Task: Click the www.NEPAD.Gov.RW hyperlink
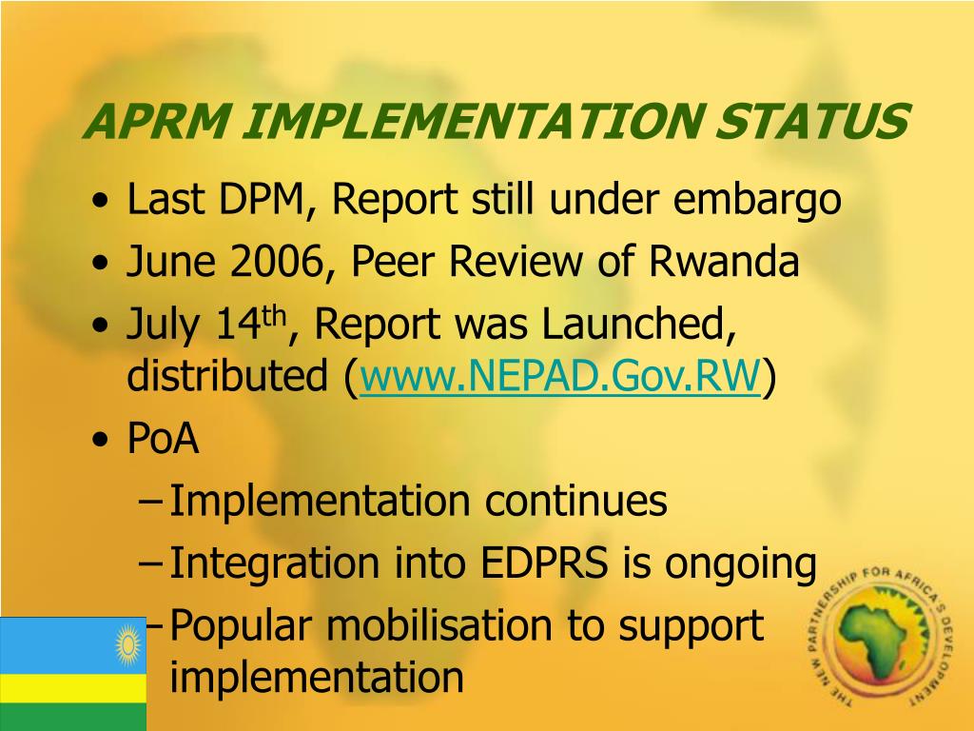pos(560,378)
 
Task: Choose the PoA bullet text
pos(163,440)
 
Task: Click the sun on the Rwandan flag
pos(127,644)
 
